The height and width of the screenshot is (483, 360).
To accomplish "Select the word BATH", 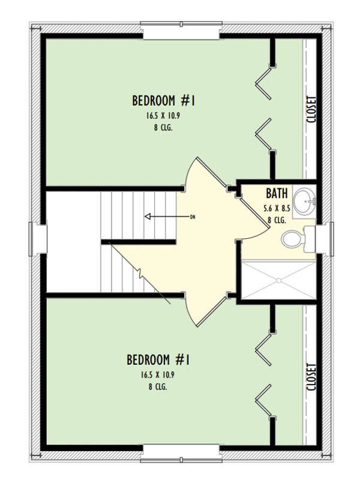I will point(277,194).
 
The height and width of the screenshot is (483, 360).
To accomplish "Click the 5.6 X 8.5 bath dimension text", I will point(277,209).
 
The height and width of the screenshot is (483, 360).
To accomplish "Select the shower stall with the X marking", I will point(278,279).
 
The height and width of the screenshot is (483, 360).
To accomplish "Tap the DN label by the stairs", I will point(193,216).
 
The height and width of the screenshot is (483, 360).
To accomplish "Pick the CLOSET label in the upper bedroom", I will point(311,109).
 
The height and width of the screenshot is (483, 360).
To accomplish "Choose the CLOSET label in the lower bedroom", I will point(311,377).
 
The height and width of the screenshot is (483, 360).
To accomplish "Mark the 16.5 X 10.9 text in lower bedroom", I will point(158,376).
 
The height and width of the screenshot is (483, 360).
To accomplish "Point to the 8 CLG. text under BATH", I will point(277,220).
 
